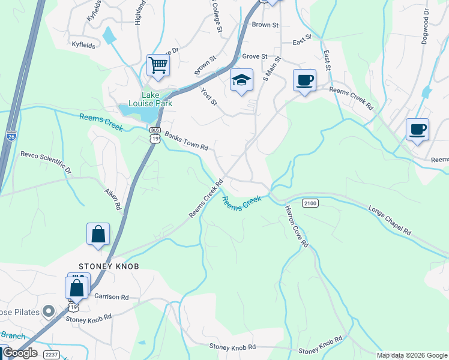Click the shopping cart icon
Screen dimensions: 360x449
[158, 65]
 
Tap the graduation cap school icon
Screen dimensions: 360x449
[241, 80]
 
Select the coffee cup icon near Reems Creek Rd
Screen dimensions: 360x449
[304, 79]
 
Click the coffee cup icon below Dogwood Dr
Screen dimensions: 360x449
[417, 129]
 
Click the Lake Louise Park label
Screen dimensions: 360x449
[157, 99]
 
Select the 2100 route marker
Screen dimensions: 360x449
[310, 203]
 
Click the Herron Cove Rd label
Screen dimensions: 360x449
[297, 226]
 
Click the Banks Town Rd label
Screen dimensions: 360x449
[186, 142]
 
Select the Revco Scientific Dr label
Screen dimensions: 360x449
[46, 162]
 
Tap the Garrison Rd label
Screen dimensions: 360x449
[112, 297]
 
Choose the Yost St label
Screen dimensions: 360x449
[208, 95]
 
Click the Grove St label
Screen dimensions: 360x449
[255, 56]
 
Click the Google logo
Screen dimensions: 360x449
[20, 353]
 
